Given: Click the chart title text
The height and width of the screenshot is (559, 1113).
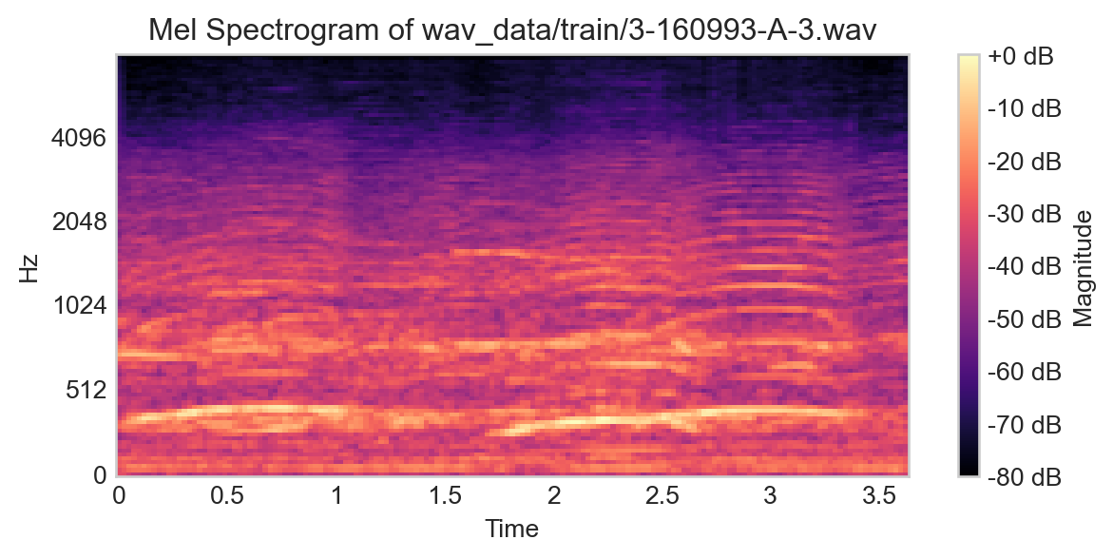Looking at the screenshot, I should click(512, 30).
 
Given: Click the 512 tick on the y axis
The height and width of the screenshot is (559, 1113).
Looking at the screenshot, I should click(85, 390).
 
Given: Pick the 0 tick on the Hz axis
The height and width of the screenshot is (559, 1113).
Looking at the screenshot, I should click(99, 473).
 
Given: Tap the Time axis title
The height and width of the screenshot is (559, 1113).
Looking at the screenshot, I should click(512, 529).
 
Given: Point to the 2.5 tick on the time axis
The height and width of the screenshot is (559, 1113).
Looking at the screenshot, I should click(662, 496).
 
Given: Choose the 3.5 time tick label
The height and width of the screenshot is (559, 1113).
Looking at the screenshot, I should click(878, 496).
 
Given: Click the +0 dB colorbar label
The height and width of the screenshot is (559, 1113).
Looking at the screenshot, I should click(1021, 57).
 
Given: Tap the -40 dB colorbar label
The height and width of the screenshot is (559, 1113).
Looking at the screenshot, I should click(1025, 265).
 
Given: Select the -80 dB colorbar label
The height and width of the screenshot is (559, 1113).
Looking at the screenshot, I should click(1025, 473).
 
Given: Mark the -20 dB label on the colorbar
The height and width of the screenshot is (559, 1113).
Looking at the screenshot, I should click(1025, 162).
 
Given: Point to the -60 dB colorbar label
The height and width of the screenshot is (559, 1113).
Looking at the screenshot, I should click(1025, 370).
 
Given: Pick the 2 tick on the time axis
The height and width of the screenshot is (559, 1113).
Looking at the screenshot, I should click(553, 496).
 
